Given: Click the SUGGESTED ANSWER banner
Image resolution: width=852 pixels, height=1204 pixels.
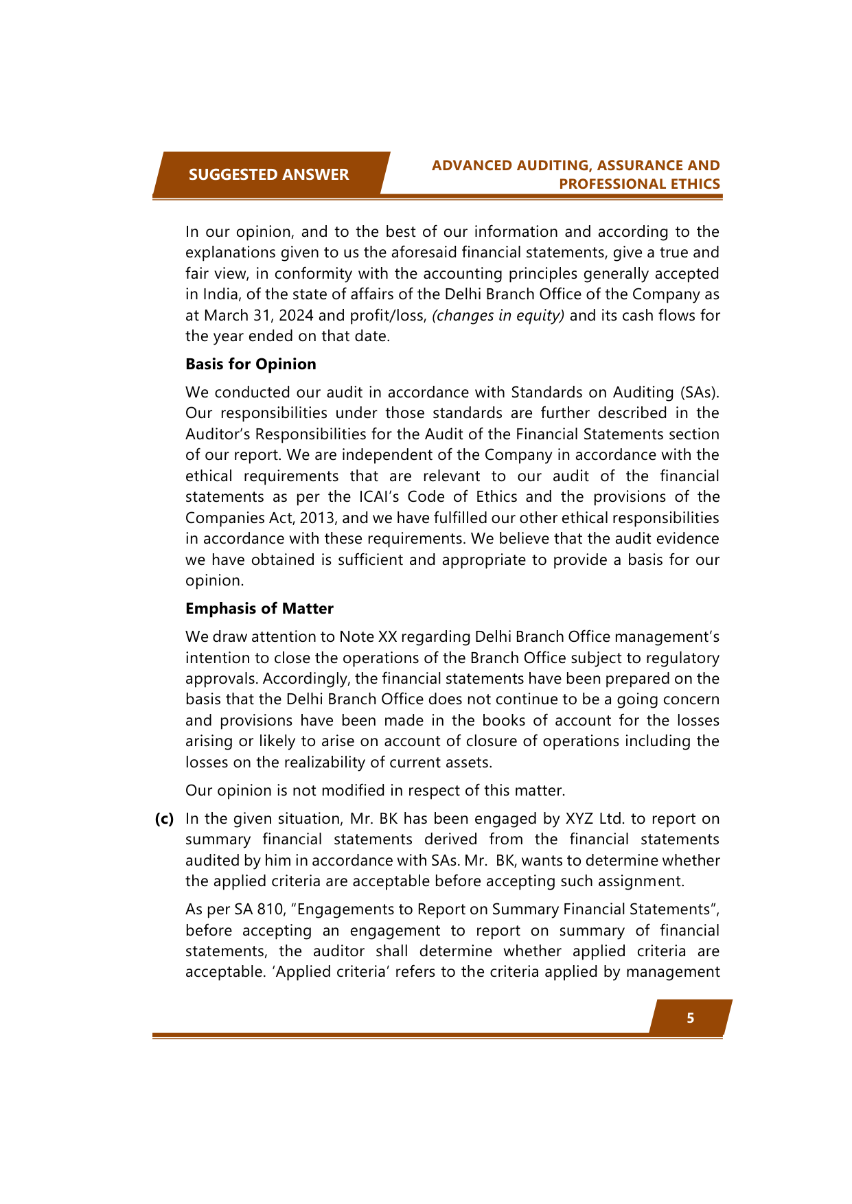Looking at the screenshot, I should click(x=268, y=174).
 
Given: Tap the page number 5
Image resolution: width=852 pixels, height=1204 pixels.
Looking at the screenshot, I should click(x=690, y=1018).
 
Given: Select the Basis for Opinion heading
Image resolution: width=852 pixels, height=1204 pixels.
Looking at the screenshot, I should click(x=251, y=364).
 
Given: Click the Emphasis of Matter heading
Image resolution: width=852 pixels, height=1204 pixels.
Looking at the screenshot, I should click(x=260, y=608).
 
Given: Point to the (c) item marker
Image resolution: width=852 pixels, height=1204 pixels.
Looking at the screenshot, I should click(x=164, y=818).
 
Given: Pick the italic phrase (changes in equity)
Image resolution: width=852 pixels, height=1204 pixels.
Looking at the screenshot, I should click(x=498, y=316).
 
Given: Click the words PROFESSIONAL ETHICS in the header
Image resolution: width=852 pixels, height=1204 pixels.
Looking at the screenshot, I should click(x=639, y=184).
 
